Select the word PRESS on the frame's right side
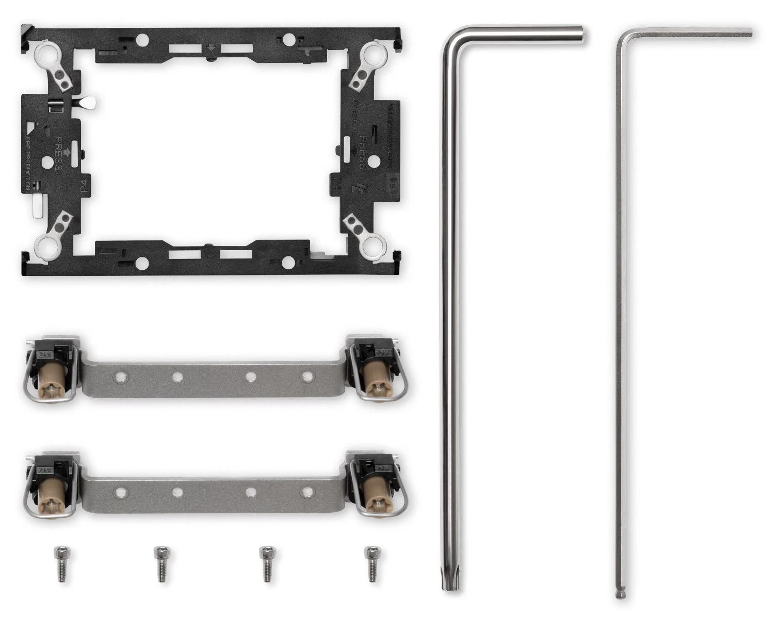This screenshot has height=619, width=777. click(363, 153)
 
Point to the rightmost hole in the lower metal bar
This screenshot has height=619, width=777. click(307, 492)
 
